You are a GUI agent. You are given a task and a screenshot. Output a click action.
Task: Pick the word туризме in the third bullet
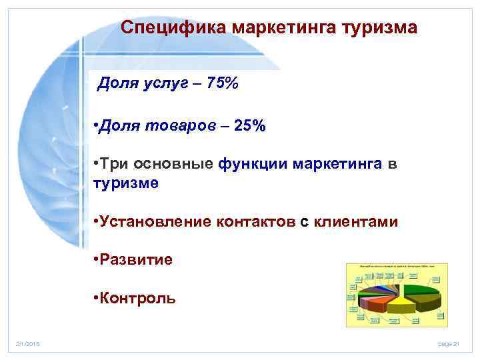coord(126,183)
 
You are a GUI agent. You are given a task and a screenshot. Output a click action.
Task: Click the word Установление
coord(155,221)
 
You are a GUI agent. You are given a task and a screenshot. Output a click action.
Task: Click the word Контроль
coord(137,297)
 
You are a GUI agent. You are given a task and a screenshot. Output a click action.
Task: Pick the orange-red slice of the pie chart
coord(377,304)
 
